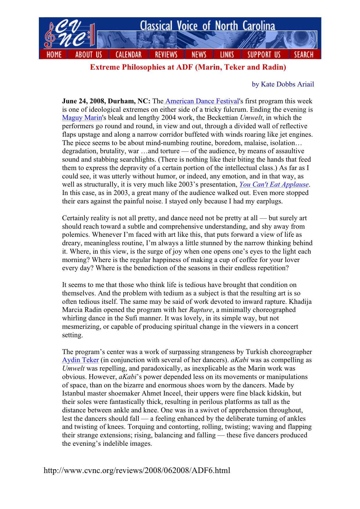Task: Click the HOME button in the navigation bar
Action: click(x=54, y=55)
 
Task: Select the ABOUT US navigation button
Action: click(x=88, y=55)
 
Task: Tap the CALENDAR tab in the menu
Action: click(x=129, y=55)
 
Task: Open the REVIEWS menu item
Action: click(x=166, y=55)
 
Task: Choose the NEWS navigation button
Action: click(x=199, y=55)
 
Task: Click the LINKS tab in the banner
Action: click(x=227, y=55)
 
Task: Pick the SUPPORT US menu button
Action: click(x=264, y=55)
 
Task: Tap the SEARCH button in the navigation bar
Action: click(x=304, y=55)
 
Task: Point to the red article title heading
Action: click(x=188, y=67)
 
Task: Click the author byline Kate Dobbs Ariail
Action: click(x=283, y=84)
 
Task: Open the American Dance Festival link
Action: click(x=202, y=101)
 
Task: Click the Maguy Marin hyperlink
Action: click(x=82, y=118)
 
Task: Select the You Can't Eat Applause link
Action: click(x=274, y=185)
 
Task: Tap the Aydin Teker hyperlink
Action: click(x=81, y=360)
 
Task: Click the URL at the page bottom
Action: click(x=137, y=470)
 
